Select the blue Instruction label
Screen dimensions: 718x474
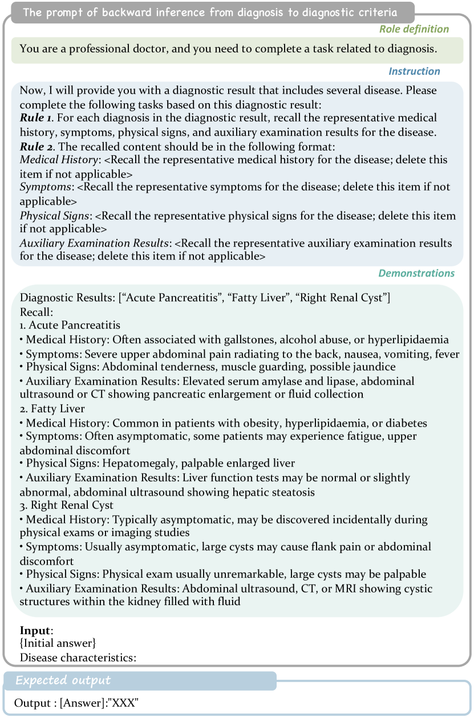coord(414,71)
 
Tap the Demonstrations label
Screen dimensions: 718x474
coord(416,273)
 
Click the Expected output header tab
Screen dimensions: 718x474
coord(63,680)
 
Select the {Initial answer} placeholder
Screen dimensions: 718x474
coord(58,643)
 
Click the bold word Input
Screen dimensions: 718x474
coord(36,630)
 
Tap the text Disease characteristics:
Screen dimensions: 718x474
coord(78,657)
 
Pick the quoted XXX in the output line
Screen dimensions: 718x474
coord(128,703)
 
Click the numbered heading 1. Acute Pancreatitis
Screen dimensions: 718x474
coord(70,325)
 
